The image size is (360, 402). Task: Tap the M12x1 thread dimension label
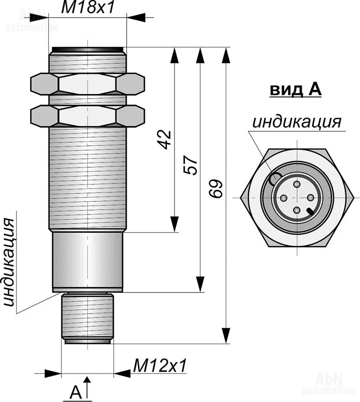[x=159, y=365]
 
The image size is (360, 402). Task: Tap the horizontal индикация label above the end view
[x=297, y=122]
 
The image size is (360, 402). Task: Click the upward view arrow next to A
[x=87, y=387]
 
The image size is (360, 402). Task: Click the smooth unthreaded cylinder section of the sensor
[x=87, y=261]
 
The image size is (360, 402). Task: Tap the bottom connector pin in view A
[x=297, y=210]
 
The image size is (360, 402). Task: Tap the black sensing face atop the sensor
[x=87, y=49]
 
